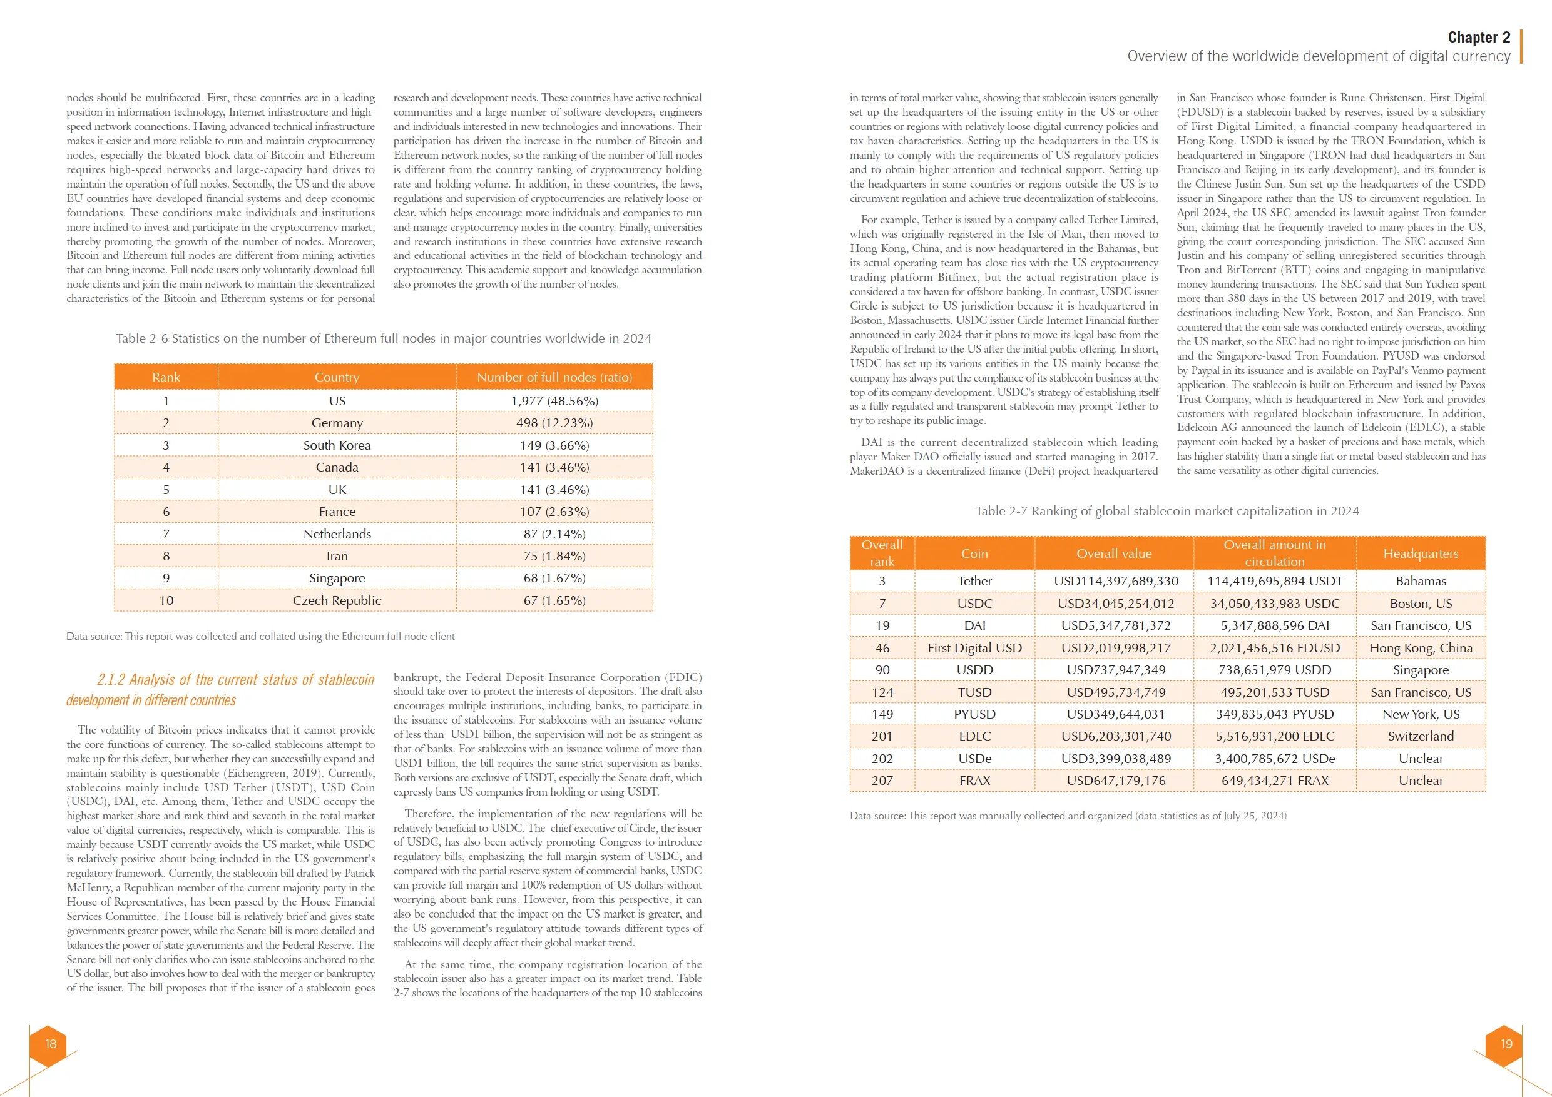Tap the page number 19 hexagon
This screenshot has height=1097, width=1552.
tap(1506, 1044)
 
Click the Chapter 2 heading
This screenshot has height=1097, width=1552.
tap(1478, 37)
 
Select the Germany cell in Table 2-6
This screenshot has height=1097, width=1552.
tap(337, 423)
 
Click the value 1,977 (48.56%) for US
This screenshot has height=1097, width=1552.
tap(554, 400)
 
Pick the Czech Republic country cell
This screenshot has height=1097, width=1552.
tap(337, 600)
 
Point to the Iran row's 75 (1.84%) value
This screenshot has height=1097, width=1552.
tap(554, 556)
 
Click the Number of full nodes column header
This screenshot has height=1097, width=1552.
tap(554, 377)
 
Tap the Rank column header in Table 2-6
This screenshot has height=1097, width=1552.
tap(166, 377)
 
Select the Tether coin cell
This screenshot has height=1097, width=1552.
tap(974, 581)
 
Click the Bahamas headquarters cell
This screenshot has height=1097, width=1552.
tap(1420, 581)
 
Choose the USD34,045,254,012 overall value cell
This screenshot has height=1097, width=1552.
tap(1115, 603)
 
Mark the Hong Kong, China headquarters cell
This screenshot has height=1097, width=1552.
tap(1420, 648)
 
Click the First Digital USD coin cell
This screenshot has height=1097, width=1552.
tap(974, 648)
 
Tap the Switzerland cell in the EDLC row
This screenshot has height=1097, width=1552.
tap(1420, 736)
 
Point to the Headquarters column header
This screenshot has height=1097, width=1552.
tap(1420, 554)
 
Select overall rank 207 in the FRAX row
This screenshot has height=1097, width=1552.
tap(882, 781)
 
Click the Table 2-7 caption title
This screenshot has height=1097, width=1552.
tap(1167, 512)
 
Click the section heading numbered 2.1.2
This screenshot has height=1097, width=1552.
tap(220, 690)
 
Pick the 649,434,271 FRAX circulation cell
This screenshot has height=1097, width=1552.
tap(1274, 781)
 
